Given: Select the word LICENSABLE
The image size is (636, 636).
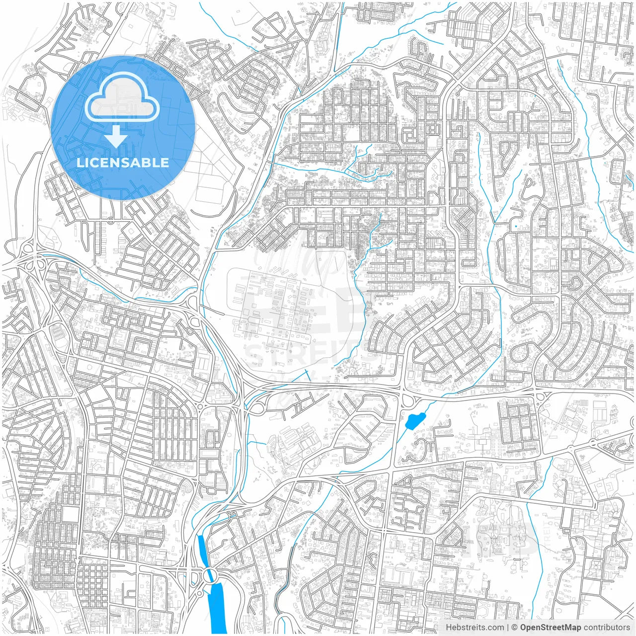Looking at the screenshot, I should tap(122, 163).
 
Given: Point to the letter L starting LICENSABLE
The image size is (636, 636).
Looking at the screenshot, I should tap(79, 163).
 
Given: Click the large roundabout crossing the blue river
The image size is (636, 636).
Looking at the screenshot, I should tap(211, 576).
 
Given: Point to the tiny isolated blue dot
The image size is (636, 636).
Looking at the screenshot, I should tap(516, 227).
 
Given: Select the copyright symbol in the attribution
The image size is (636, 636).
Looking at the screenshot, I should tap(515, 628).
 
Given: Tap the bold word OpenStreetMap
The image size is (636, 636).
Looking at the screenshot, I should tap(550, 628).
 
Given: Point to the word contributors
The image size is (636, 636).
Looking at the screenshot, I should tap(607, 628).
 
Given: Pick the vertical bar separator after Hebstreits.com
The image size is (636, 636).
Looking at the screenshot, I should tap(508, 628).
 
